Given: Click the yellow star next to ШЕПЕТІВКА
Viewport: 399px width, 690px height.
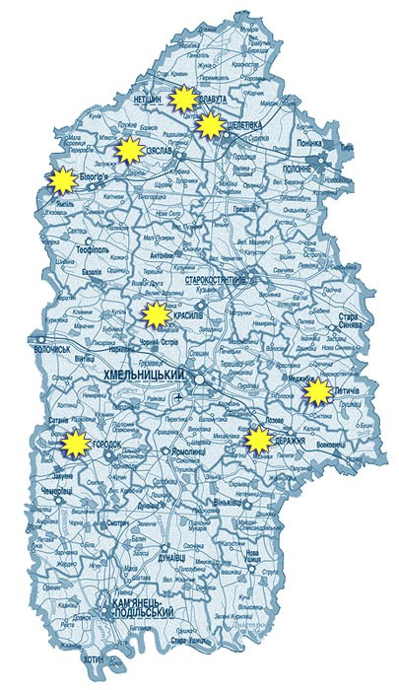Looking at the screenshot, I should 210,124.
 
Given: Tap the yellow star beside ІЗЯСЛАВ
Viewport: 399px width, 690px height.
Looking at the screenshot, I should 128,152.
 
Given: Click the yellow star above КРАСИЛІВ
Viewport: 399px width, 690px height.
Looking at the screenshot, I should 154,315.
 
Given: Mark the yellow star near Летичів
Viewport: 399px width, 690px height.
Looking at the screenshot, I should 315,393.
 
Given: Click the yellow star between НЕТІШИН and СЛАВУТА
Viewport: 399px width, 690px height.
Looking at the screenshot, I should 181,99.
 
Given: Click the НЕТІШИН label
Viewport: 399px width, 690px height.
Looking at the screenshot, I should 147,100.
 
